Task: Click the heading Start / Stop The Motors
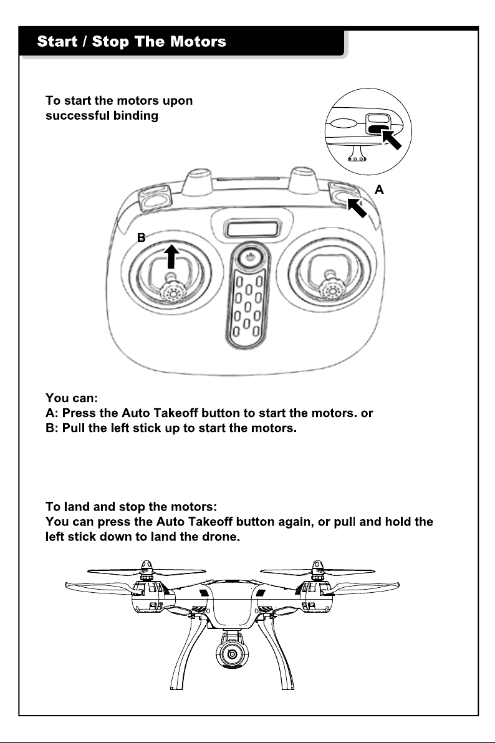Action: pos(132,41)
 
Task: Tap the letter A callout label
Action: pos(379,189)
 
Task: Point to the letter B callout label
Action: pos(141,237)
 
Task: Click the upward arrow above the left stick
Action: pos(171,256)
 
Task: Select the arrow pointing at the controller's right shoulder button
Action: pos(357,208)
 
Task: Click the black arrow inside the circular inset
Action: pos(392,140)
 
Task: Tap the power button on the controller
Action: pos(251,257)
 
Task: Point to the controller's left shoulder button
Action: pos(155,198)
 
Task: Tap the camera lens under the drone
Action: pos(232,654)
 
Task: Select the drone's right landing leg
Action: pos(277,654)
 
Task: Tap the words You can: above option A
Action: pos(72,398)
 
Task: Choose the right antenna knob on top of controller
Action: pos(304,180)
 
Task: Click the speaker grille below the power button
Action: pos(247,305)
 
